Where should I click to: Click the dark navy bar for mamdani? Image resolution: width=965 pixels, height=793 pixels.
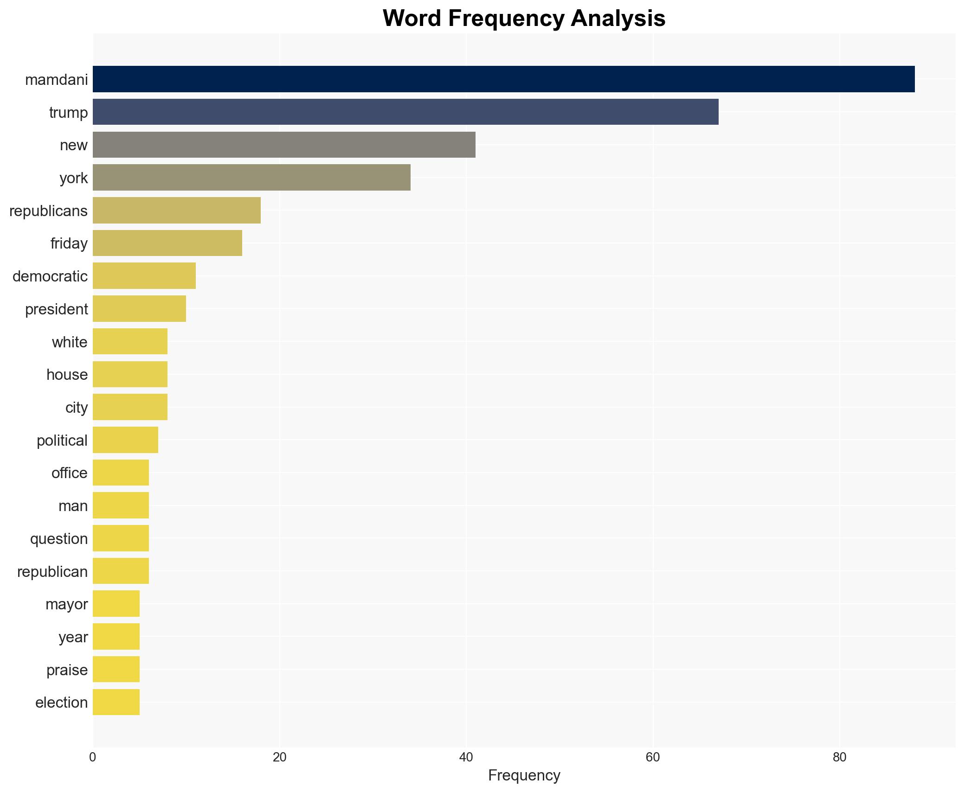click(x=503, y=79)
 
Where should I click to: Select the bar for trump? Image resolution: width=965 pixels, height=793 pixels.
click(x=405, y=112)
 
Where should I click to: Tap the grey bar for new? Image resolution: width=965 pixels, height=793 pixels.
click(x=284, y=145)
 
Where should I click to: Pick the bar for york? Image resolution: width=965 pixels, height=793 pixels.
click(x=251, y=178)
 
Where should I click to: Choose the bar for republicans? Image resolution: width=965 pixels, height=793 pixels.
click(x=177, y=211)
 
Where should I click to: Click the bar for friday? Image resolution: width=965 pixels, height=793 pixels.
click(x=167, y=243)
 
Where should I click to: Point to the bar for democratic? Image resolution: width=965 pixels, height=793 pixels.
click(x=144, y=276)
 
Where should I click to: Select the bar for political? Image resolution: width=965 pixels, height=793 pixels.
click(x=125, y=440)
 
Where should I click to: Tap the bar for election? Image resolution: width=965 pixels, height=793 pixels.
click(x=116, y=702)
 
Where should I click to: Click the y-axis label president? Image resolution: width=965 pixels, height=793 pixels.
click(x=57, y=309)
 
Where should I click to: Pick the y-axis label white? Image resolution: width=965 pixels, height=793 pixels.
click(x=70, y=342)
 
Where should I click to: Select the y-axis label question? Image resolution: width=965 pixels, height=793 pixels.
click(x=59, y=539)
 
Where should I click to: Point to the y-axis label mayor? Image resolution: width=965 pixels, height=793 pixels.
click(x=67, y=604)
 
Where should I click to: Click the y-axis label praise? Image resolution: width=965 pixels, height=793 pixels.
click(x=67, y=670)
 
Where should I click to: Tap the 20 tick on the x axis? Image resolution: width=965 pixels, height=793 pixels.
click(x=279, y=757)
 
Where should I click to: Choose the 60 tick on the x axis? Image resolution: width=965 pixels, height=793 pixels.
click(x=652, y=757)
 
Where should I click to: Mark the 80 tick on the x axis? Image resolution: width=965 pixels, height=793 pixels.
click(x=839, y=757)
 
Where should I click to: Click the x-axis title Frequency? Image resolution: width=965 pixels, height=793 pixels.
click(x=524, y=775)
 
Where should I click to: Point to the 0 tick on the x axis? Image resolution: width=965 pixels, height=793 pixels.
click(x=93, y=757)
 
